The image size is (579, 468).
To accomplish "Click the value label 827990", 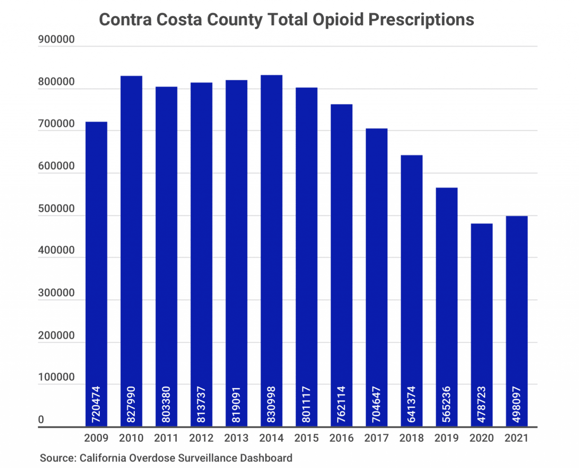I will (131, 404).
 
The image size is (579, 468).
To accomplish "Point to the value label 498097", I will (516, 404).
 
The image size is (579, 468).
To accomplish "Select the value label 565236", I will (446, 404).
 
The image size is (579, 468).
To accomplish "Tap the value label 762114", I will (341, 404).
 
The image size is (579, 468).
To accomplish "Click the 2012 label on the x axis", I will (201, 438).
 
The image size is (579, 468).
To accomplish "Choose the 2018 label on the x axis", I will (411, 438).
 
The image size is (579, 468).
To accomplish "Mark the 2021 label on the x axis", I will (516, 438).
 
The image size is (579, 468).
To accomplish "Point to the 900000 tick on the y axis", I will (56, 40).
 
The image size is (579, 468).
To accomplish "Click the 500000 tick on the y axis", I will (56, 209).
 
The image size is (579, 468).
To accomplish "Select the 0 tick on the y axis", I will (41, 420).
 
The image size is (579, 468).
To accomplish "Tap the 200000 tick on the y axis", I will (56, 335).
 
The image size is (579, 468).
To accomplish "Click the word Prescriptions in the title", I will (421, 20).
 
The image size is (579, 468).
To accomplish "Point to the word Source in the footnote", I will (57, 458).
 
